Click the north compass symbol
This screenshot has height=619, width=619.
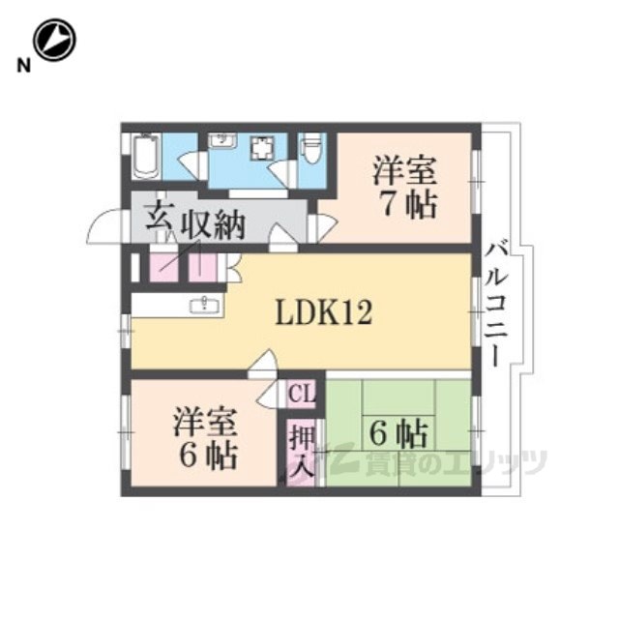point(54,40)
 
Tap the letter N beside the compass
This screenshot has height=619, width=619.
point(23,66)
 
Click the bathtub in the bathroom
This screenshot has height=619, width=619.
point(146,157)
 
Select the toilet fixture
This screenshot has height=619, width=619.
point(311,149)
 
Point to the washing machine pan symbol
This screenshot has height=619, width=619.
point(261,147)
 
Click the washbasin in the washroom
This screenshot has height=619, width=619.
point(222,141)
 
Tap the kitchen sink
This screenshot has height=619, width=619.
point(204,304)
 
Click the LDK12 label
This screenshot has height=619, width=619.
point(324,311)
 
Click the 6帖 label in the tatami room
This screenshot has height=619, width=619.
point(398,434)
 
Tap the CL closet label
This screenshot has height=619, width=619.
point(302,393)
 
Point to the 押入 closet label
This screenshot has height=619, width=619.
point(302,454)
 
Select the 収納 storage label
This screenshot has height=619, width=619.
point(213,225)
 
